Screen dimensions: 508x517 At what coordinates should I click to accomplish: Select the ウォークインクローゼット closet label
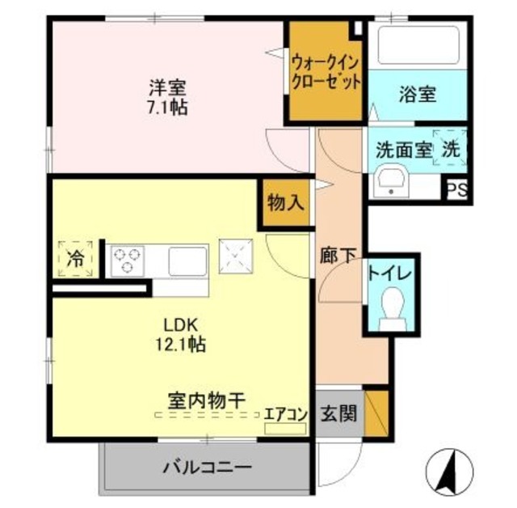[x=326, y=72]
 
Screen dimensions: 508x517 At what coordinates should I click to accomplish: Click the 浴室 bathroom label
[x=417, y=94]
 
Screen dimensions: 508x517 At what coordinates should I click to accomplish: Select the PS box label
[x=457, y=192]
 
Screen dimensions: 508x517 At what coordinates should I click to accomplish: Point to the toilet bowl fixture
[x=391, y=307]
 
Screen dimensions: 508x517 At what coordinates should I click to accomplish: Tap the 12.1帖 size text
[x=179, y=345]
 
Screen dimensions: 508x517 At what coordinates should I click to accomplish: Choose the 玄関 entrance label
[x=338, y=413]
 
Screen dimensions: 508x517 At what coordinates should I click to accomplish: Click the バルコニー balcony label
[x=207, y=467]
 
